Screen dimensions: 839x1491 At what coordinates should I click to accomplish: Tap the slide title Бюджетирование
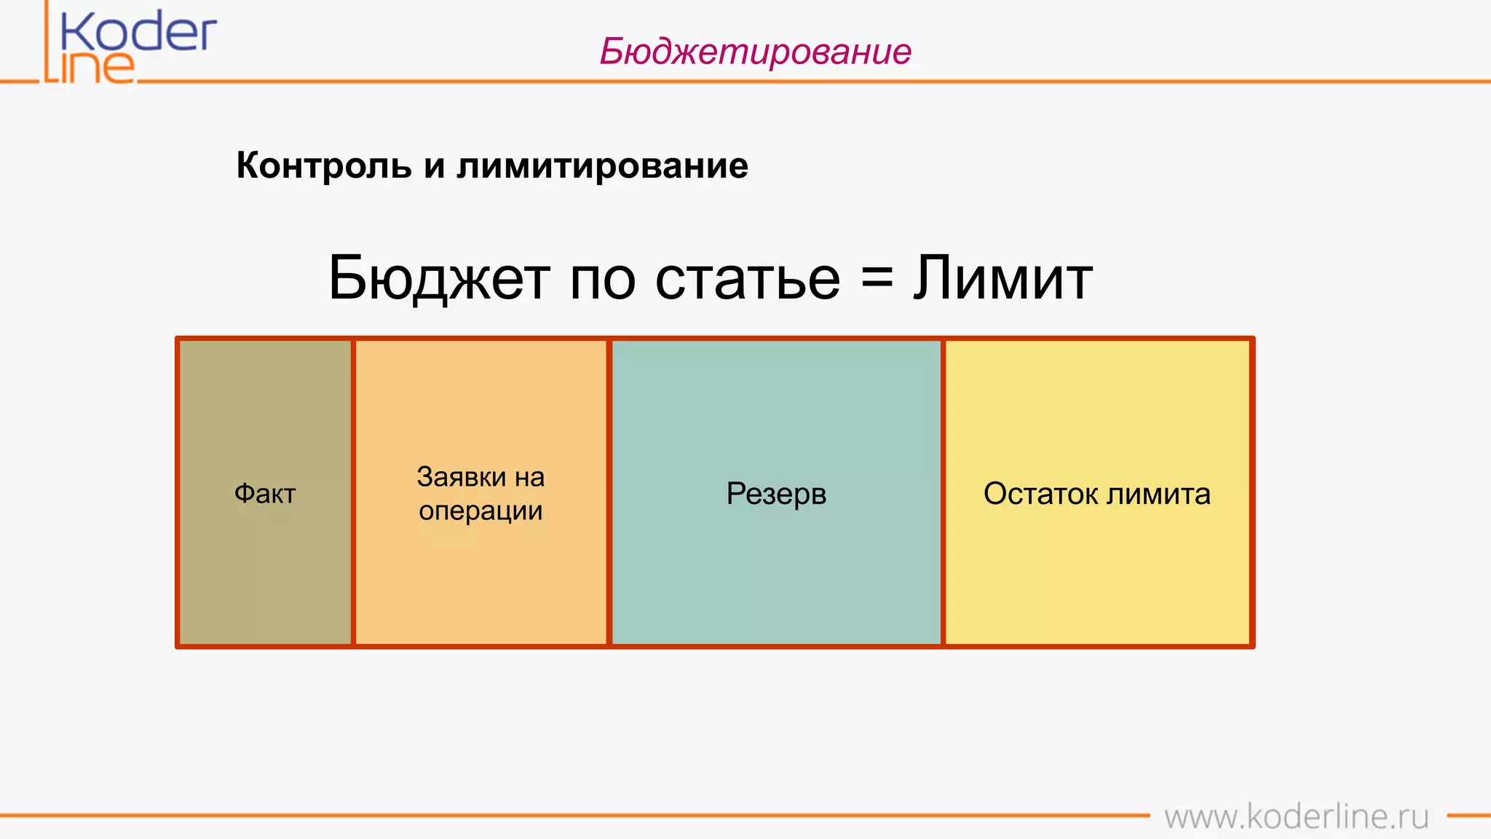click(755, 52)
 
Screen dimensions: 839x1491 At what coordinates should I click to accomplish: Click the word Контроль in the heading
click(323, 165)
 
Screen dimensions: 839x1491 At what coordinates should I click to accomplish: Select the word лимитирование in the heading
click(602, 165)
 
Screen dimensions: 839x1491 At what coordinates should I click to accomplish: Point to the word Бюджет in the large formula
click(439, 279)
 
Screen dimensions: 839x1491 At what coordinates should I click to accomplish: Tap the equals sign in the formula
click(877, 279)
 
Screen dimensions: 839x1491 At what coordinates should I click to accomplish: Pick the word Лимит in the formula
click(1002, 279)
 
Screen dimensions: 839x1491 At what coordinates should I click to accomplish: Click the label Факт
click(265, 494)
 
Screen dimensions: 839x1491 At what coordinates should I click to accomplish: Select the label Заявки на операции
click(480, 494)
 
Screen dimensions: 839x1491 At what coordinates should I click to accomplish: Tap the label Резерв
click(776, 494)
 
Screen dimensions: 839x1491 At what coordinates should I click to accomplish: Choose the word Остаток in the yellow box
click(1040, 494)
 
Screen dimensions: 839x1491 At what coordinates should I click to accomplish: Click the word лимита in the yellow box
click(1158, 494)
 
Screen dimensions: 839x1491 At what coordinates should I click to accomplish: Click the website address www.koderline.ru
click(1296, 816)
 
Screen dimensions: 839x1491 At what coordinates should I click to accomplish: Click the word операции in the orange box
click(480, 511)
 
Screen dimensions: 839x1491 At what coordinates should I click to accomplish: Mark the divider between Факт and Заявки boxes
click(353, 492)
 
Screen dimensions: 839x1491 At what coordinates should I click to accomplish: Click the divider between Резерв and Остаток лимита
click(943, 492)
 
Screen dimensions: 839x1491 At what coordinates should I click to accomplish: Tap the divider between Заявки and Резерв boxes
click(609, 492)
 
